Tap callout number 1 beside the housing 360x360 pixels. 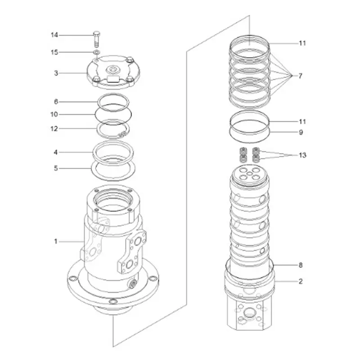[56, 242]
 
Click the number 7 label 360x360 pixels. [301, 76]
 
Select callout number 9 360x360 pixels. [301, 132]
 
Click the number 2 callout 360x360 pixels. [301, 282]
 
